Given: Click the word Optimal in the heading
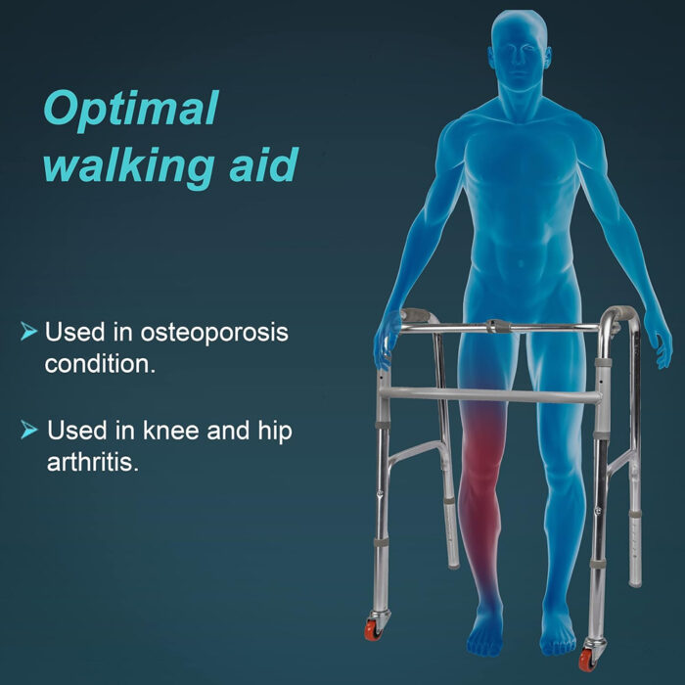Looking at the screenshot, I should pos(130,110).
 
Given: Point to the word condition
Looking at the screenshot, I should pos(101,365).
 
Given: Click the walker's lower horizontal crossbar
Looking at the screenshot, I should pos(489,395).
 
